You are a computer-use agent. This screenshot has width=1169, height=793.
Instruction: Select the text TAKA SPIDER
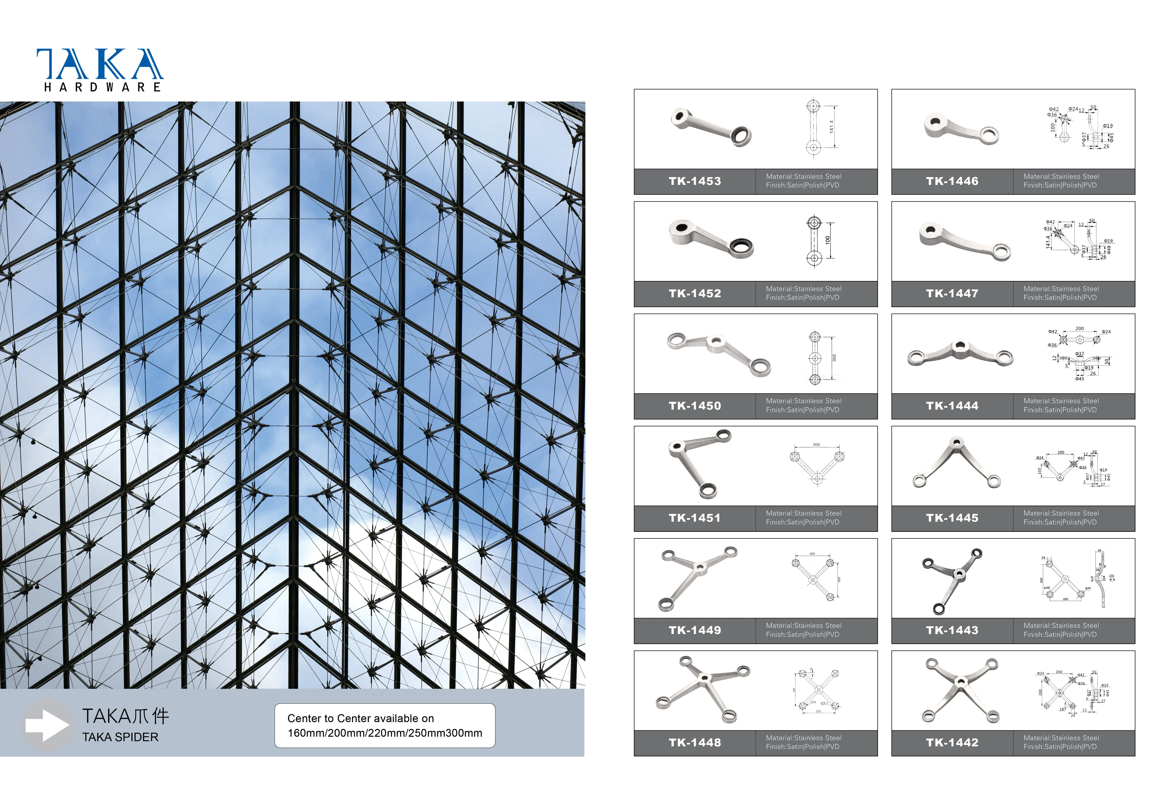tap(120, 737)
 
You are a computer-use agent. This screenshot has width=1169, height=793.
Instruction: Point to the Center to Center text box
tap(385, 726)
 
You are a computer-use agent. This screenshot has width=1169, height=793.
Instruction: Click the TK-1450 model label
tap(695, 406)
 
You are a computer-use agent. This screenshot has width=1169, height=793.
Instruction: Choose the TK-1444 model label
tap(952, 406)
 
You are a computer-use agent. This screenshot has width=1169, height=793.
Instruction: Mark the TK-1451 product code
tap(695, 518)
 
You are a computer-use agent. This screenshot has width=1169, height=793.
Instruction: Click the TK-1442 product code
tap(952, 743)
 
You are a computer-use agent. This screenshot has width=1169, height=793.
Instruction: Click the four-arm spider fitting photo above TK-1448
tap(703, 689)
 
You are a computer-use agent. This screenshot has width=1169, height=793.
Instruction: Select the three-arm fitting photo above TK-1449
tap(698, 578)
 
